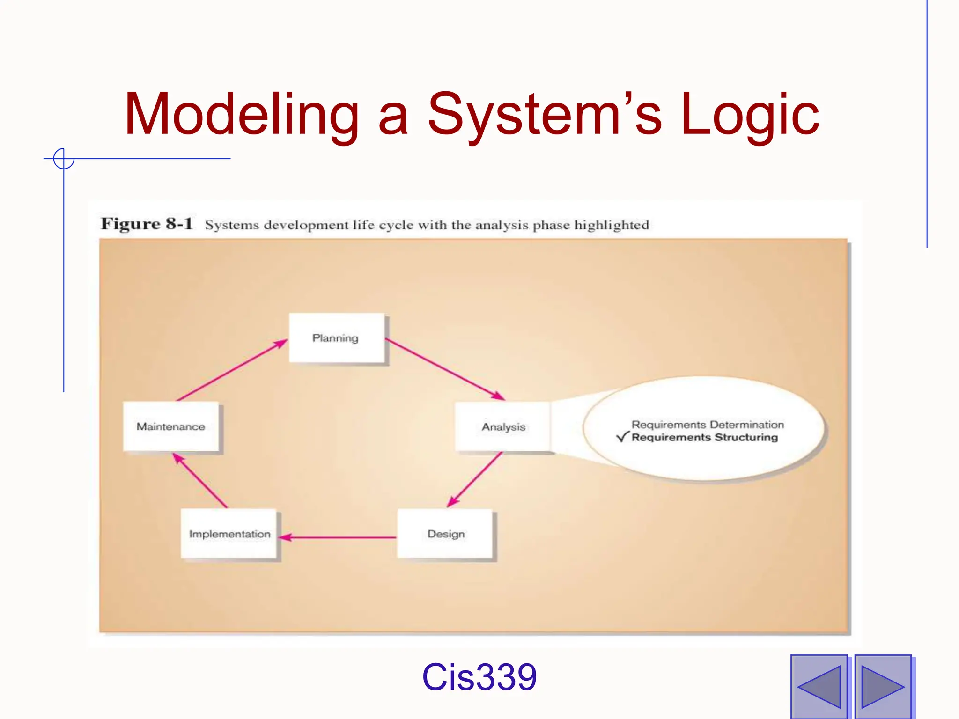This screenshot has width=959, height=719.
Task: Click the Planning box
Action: pyautogui.click(x=337, y=337)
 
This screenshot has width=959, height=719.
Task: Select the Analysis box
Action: pyautogui.click(x=503, y=426)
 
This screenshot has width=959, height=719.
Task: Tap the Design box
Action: pyautogui.click(x=445, y=534)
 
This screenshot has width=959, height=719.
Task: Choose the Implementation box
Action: pyautogui.click(x=229, y=534)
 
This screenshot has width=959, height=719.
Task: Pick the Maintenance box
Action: pyautogui.click(x=171, y=426)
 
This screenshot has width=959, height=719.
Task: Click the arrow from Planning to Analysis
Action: pyautogui.click(x=445, y=369)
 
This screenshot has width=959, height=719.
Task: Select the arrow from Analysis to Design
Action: pyautogui.click(x=474, y=480)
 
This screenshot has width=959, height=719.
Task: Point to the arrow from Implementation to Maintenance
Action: pyautogui.click(x=200, y=480)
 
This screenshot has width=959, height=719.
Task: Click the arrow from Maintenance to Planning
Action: pyautogui.click(x=232, y=370)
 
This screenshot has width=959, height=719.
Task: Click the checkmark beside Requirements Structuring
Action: pyautogui.click(x=622, y=437)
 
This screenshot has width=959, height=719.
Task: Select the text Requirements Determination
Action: pyautogui.click(x=707, y=425)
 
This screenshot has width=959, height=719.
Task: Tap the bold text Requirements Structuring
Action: pyautogui.click(x=704, y=437)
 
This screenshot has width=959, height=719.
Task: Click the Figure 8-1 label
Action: pyautogui.click(x=147, y=224)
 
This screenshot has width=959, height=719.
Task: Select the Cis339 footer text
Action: pyautogui.click(x=479, y=677)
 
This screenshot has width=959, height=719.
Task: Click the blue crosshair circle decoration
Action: pyautogui.click(x=64, y=159)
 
